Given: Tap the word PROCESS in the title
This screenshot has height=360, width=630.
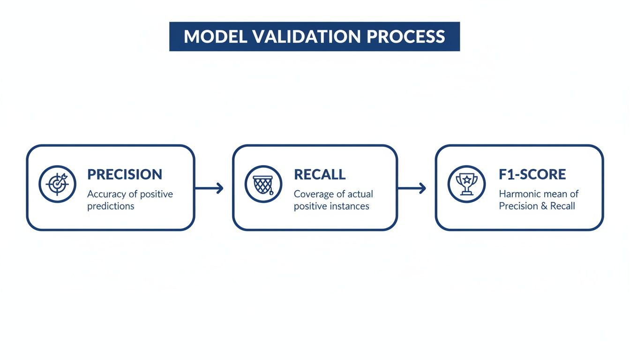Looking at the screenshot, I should click(x=408, y=37).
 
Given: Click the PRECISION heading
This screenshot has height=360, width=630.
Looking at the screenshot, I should click(x=125, y=174).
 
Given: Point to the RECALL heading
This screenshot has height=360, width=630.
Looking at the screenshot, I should click(x=320, y=174).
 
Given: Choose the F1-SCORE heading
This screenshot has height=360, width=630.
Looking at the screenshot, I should click(x=532, y=174).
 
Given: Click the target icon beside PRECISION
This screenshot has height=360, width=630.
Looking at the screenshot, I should click(x=57, y=184).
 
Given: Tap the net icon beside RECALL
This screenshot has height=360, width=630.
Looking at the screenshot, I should click(x=263, y=184).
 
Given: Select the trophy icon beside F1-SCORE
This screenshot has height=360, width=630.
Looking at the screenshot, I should click(x=466, y=184).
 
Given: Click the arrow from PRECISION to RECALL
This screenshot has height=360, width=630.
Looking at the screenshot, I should click(x=210, y=188).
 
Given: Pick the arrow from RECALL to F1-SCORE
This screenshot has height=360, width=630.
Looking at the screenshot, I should click(x=412, y=188).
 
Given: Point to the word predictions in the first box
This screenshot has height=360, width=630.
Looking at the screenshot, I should click(x=111, y=206).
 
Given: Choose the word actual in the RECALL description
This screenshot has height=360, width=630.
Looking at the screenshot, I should click(x=360, y=194).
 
